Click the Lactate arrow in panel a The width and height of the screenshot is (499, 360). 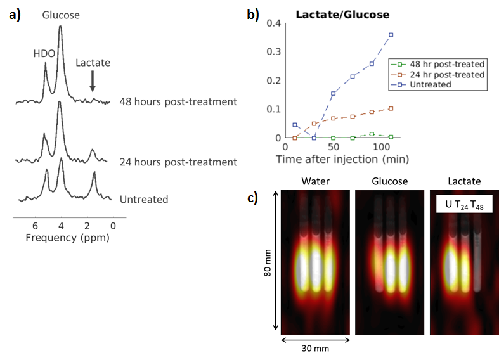coord(93,80)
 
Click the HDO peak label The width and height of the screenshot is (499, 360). coord(44,53)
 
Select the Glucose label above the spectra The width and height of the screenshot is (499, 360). coord(61,15)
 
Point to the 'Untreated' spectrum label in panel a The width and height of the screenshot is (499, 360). coord(144,199)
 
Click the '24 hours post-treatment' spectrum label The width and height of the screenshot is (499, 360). coord(178,162)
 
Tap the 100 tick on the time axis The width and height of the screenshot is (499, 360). coord(382,147)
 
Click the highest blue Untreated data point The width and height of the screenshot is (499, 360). coord(391,34)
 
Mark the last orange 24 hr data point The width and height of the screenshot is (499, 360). coord(391,108)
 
